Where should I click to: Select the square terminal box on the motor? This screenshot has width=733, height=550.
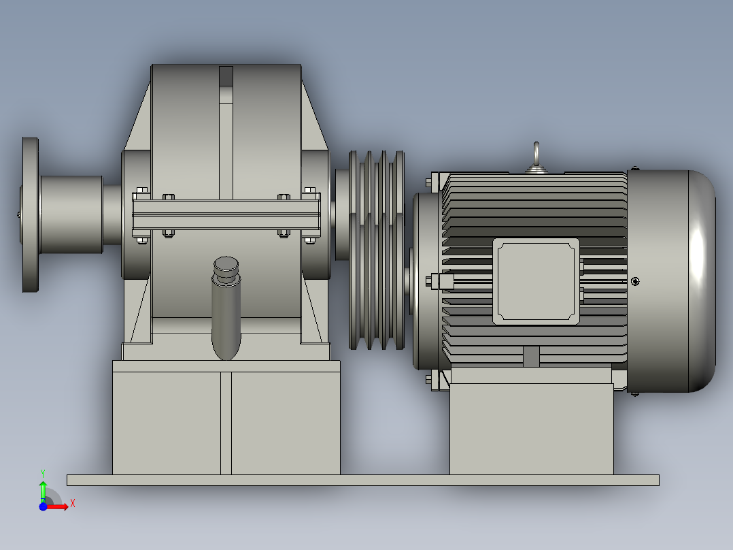(x=536, y=281)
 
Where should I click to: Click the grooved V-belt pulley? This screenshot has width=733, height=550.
(x=377, y=250)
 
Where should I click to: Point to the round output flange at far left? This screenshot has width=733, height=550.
(x=30, y=214)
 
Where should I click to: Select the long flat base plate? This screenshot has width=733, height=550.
(x=362, y=480)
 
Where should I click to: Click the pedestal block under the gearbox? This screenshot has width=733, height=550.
(x=226, y=422)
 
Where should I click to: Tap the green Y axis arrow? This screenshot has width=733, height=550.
(x=43, y=489)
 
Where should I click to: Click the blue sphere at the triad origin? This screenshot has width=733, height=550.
(x=43, y=506)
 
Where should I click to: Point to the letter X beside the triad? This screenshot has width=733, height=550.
(x=72, y=503)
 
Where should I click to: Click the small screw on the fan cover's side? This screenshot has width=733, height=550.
(x=635, y=281)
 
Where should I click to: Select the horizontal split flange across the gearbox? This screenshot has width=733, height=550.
(x=226, y=214)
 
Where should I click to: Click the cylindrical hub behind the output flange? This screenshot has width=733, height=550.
(x=71, y=214)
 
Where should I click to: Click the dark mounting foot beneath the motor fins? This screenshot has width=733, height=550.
(x=531, y=357)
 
